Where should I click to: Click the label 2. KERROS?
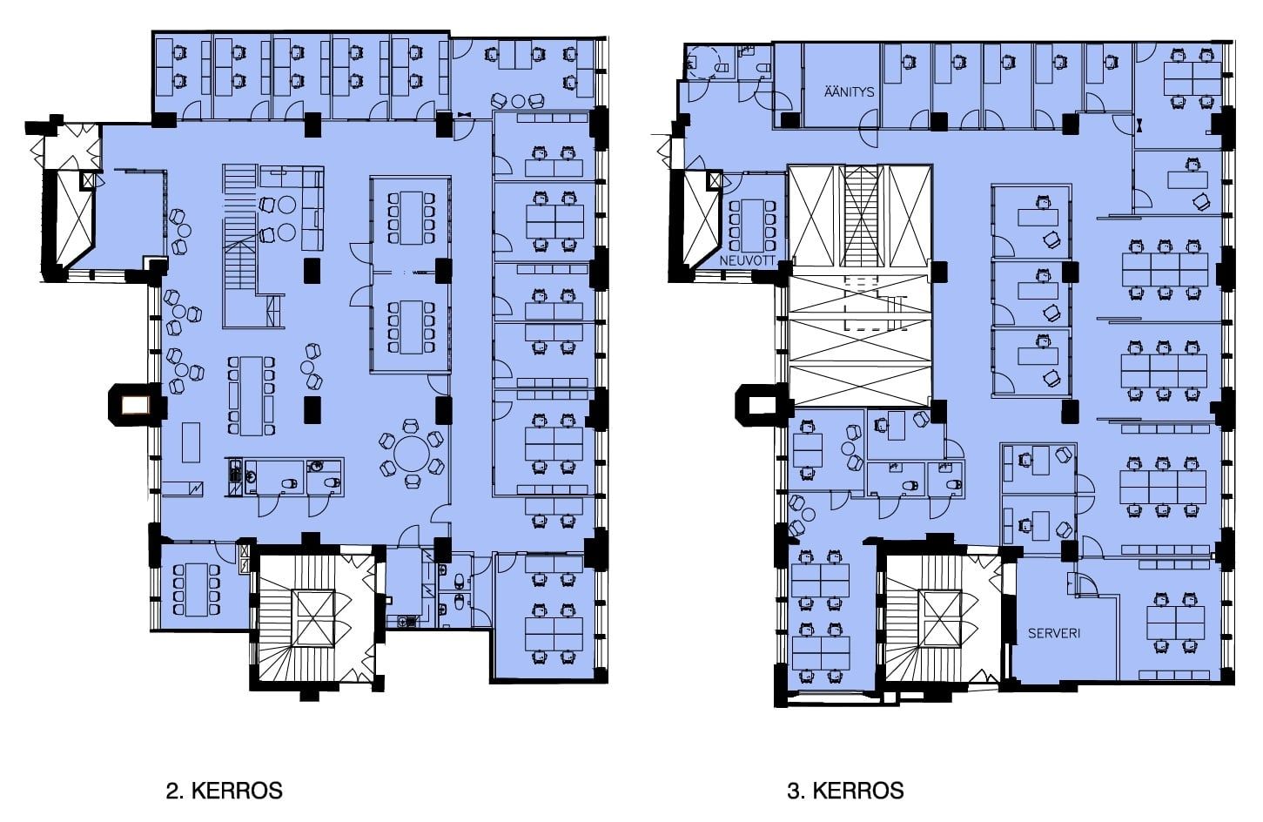[x=224, y=791]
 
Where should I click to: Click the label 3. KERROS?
[x=845, y=791]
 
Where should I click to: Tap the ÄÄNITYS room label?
[x=849, y=91]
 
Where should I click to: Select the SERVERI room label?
[x=1054, y=633]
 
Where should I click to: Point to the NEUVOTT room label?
[x=747, y=261]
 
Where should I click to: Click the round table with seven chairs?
[x=411, y=454]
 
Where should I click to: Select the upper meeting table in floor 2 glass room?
[x=412, y=218]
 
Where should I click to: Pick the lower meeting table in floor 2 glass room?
[x=412, y=327]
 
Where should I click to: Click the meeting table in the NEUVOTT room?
[x=752, y=226]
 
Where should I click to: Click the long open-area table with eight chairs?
[x=251, y=395]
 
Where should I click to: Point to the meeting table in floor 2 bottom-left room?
[x=197, y=590]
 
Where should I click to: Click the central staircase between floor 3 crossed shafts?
[x=860, y=216]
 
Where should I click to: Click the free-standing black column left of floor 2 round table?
[x=312, y=409]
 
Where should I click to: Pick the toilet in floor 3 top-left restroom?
[x=764, y=69]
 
